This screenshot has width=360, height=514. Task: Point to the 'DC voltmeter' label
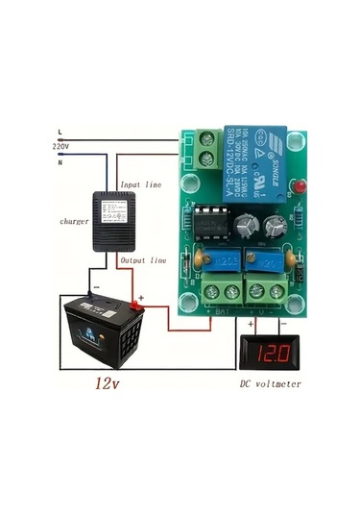pyautogui.click(x=271, y=384)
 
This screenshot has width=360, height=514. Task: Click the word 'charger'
pyautogui.click(x=47, y=221)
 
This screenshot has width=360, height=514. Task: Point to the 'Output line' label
pyautogui.click(x=144, y=260)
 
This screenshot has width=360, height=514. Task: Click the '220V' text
pyautogui.click(x=60, y=146)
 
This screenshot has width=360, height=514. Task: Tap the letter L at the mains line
pyautogui.click(x=60, y=132)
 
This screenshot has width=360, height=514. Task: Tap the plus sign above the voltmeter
pyautogui.click(x=251, y=324)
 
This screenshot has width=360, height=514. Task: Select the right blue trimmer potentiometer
pyautogui.click(x=269, y=259)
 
